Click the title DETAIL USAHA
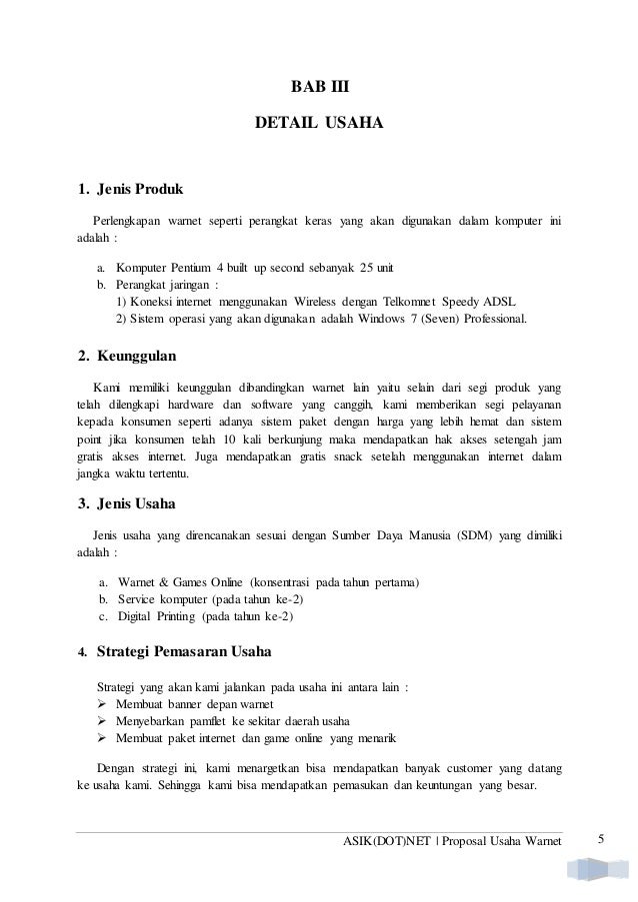pyautogui.click(x=319, y=127)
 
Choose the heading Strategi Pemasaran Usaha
pyautogui.click(x=183, y=655)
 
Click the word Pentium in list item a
pyautogui.click(x=197, y=269)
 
